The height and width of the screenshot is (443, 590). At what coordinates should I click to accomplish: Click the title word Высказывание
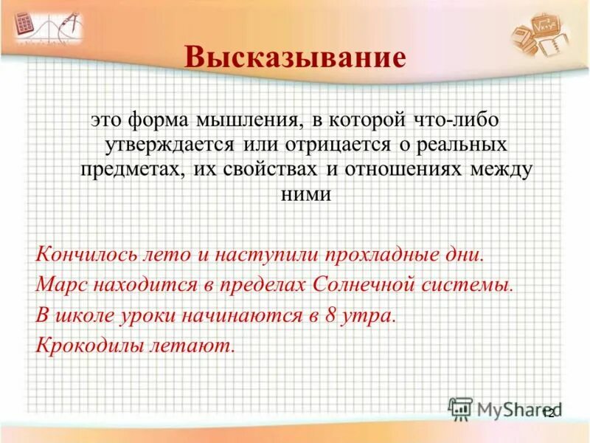coord(295,58)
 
